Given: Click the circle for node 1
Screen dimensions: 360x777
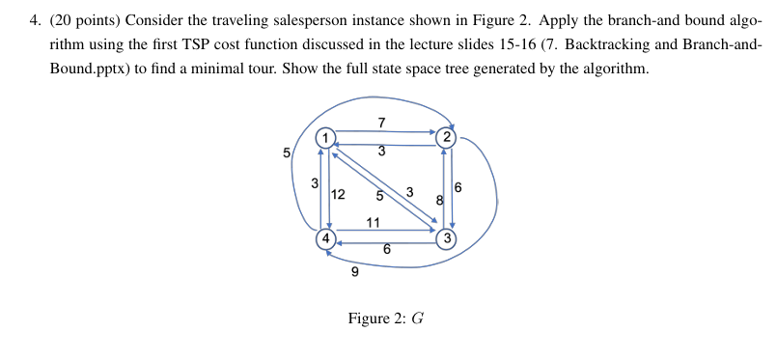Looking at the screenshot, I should click(326, 138).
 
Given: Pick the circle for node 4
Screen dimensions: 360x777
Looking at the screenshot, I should click(327, 237).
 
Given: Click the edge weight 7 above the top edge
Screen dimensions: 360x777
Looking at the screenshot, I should click(382, 123).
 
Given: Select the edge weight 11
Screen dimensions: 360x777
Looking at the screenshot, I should click(374, 224).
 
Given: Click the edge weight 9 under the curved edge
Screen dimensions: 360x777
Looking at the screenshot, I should click(355, 272).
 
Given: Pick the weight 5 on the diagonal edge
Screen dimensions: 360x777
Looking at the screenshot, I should click(380, 195).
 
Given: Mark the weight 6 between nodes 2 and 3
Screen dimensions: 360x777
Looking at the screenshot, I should click(458, 187).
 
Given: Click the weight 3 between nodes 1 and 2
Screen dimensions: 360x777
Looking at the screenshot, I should click(382, 152).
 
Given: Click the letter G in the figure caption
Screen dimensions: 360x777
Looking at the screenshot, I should click(418, 318).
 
